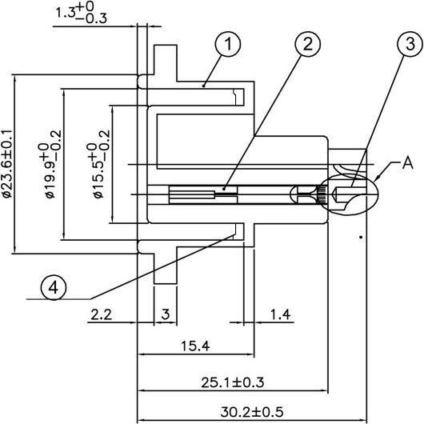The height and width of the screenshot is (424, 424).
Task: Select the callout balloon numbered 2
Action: (x=306, y=46)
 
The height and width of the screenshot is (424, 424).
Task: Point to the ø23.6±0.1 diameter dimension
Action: (x=7, y=163)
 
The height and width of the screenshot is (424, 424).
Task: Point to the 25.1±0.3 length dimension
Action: (x=232, y=382)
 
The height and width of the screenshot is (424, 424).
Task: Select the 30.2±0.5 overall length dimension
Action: (x=250, y=412)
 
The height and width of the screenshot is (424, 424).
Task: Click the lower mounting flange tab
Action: (x=165, y=264)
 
